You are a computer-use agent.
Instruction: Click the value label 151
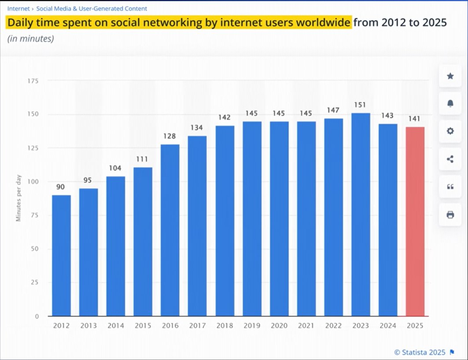point(360,105)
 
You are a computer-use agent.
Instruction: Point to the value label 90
point(61,187)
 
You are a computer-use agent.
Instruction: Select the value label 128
point(170,136)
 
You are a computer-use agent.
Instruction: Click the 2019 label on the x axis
point(252,326)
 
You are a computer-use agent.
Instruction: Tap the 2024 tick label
point(387,326)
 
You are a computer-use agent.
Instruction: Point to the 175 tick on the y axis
point(34,81)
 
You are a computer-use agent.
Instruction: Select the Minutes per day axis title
point(18,198)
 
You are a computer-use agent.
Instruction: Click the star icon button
point(450,76)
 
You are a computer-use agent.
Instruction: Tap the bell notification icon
point(450,103)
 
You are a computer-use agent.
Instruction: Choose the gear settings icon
point(450,131)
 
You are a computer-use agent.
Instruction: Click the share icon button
point(450,159)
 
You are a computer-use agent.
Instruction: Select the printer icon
point(450,215)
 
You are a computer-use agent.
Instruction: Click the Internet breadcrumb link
point(18,8)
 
